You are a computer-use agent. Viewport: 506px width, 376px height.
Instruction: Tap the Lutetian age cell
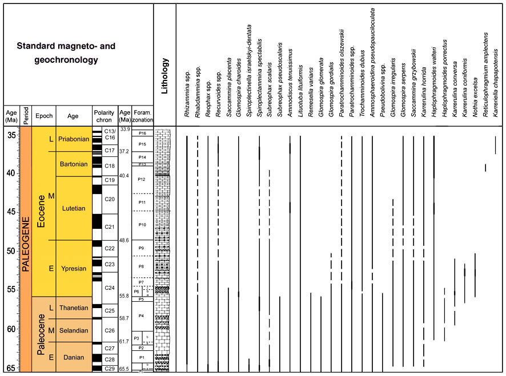click(73, 208)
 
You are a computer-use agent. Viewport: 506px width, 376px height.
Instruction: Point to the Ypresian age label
click(73, 268)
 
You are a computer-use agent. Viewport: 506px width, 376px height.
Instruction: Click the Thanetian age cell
click(73, 308)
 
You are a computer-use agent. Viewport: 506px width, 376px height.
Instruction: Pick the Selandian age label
click(73, 330)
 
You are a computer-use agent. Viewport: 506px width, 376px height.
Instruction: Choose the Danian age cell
click(73, 358)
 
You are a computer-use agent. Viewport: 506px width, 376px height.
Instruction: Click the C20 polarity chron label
click(110, 199)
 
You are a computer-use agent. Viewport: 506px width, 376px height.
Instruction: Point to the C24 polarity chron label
click(110, 287)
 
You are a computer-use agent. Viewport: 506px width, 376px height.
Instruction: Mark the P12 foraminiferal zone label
click(142, 179)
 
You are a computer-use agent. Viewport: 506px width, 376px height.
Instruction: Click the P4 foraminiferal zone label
click(142, 316)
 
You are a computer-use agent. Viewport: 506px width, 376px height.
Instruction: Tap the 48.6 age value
click(124, 240)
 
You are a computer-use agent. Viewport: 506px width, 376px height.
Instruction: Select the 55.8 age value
click(124, 296)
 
